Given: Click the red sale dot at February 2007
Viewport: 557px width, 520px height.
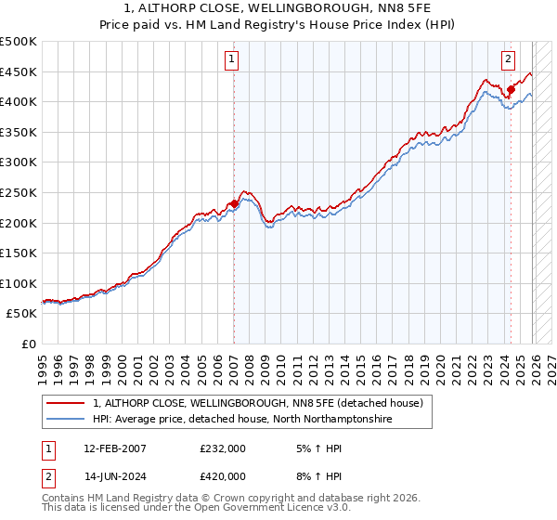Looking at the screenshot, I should (233, 203).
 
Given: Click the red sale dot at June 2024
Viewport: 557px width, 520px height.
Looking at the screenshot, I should (511, 89).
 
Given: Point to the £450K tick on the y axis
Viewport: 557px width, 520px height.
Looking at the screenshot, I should (19, 71).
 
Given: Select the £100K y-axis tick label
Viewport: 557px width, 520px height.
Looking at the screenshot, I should (19, 283).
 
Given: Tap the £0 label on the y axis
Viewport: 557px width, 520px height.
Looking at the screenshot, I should (28, 344).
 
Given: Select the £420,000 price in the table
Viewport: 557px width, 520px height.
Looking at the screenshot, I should (223, 475).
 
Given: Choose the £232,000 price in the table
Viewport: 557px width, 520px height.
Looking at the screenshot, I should (223, 448).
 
